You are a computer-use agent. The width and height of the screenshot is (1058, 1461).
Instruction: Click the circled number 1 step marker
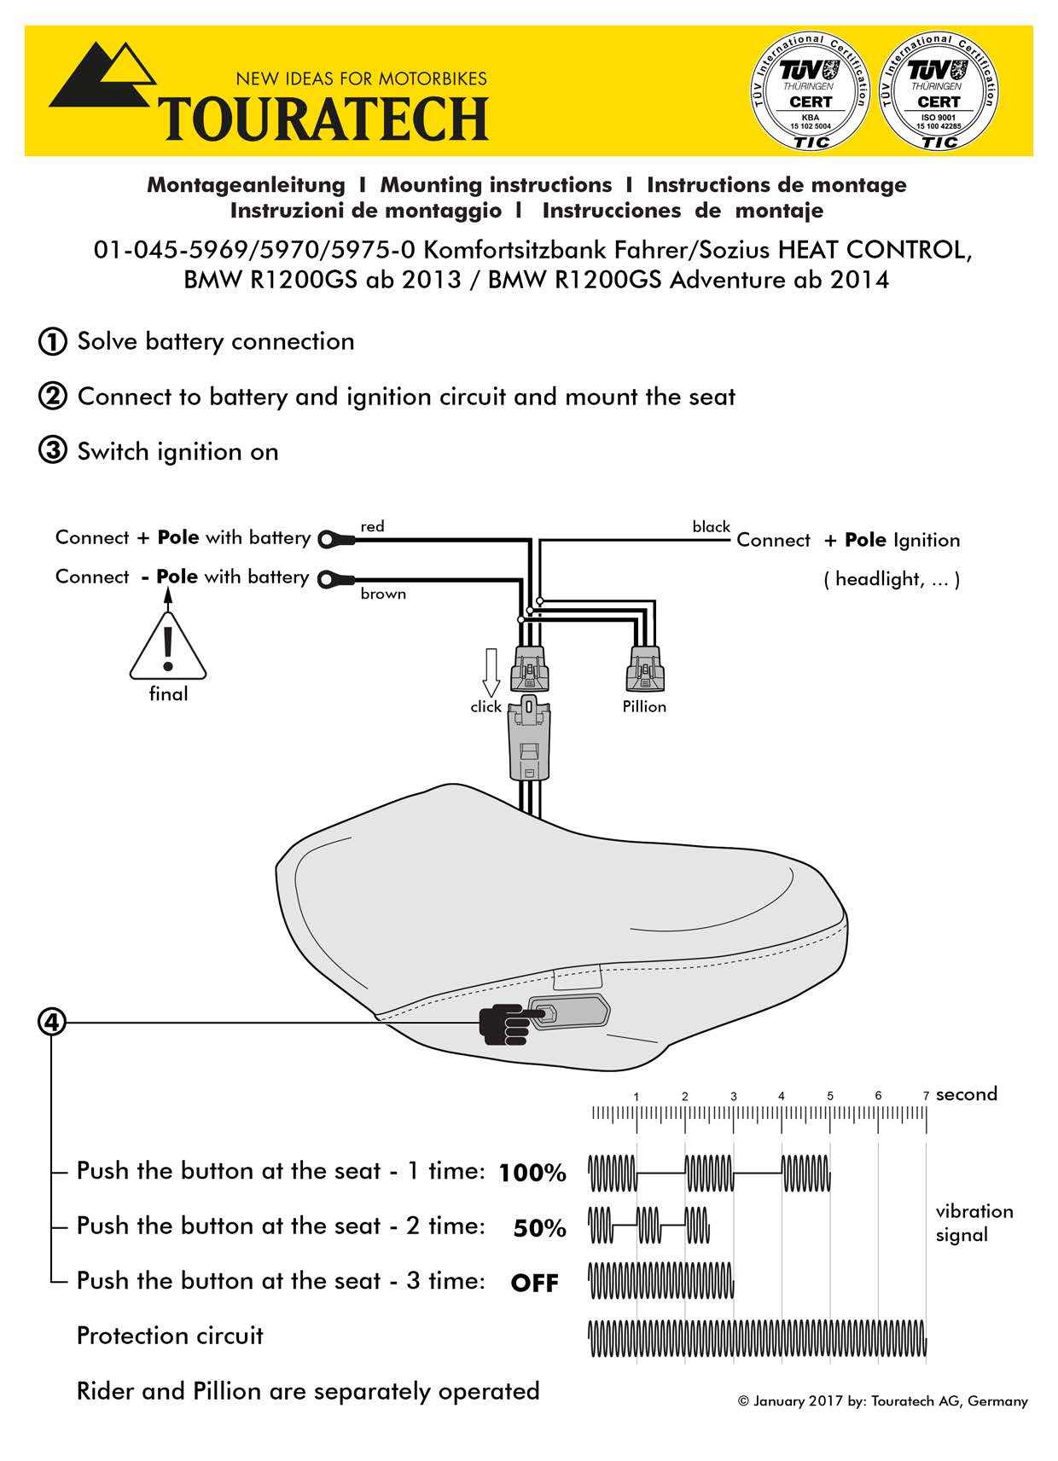tap(52, 342)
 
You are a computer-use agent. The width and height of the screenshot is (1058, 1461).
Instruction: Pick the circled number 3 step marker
tap(52, 451)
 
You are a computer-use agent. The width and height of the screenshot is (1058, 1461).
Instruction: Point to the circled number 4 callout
tap(52, 1021)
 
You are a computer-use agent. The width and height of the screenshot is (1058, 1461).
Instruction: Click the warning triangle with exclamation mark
tap(168, 648)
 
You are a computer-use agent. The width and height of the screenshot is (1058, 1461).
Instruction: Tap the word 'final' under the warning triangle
tap(168, 694)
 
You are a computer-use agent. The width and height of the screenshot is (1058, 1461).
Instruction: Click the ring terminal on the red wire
tap(335, 539)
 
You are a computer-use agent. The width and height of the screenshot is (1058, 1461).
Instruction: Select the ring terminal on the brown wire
tap(335, 579)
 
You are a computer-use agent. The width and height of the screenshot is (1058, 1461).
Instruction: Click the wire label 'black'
tap(711, 527)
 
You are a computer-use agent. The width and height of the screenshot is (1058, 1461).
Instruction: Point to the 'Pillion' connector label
tap(644, 707)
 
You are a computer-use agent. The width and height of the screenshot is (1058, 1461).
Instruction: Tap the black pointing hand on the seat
tap(507, 1023)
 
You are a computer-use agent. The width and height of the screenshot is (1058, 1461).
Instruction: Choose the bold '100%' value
tap(532, 1174)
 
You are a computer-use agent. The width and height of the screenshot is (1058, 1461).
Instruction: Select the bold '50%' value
tap(539, 1228)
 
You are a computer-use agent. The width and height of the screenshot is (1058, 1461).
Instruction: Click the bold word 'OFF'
tap(534, 1284)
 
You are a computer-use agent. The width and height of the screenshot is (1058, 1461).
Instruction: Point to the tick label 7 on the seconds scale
tap(926, 1096)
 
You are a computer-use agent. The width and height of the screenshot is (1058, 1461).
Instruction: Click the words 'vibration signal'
tap(974, 1223)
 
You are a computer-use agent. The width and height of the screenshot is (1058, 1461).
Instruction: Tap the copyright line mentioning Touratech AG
tap(882, 1401)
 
